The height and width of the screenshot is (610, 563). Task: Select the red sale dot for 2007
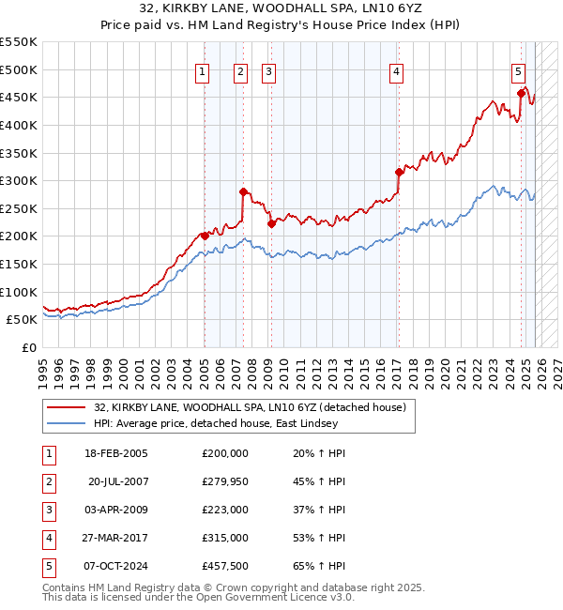(x=243, y=191)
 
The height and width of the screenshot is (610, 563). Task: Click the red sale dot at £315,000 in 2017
(x=399, y=172)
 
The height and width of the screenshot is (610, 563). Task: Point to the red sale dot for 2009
(x=271, y=223)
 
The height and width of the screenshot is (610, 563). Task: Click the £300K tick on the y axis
(x=18, y=180)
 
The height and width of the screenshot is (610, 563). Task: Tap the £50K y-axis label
(x=22, y=319)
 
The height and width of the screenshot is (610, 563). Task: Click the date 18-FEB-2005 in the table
(x=115, y=453)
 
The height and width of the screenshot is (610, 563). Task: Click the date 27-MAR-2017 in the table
(x=116, y=538)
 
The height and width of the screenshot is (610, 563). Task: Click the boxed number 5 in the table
(x=47, y=566)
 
